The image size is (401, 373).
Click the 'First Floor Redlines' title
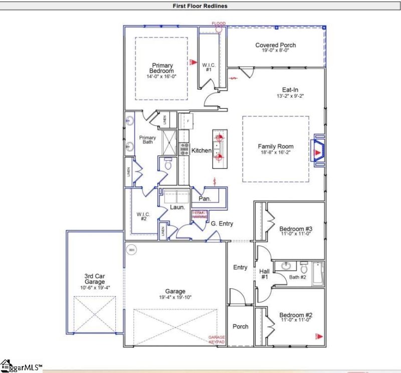[200, 6]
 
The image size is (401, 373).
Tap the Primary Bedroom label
[161, 68]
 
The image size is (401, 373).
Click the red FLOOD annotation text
[219, 24]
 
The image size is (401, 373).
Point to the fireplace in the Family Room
[317, 149]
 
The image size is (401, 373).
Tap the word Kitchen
[202, 150]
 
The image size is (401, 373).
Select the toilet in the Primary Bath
[168, 164]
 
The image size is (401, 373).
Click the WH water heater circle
[131, 249]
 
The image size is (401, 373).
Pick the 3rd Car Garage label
[94, 279]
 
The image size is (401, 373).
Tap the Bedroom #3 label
[295, 230]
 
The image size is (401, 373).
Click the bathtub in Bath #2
[318, 274]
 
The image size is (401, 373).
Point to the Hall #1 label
[265, 274]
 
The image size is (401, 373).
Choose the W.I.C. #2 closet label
[143, 217]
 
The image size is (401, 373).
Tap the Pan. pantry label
[204, 199]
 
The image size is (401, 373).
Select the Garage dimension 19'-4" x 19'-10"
[175, 297]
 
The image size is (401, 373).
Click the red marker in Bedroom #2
[317, 335]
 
